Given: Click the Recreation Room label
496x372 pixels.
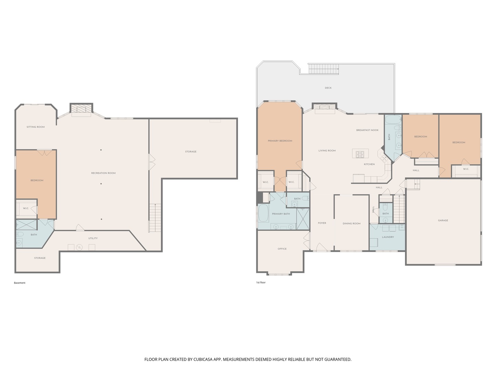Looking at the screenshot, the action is pyautogui.click(x=103, y=173).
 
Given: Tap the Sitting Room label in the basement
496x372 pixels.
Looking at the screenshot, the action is pyautogui.click(x=35, y=127).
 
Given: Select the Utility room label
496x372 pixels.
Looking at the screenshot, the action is pyautogui.click(x=93, y=238).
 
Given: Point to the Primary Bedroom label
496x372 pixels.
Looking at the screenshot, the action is pyautogui.click(x=280, y=141).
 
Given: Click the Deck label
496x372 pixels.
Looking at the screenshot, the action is pyautogui.click(x=328, y=88).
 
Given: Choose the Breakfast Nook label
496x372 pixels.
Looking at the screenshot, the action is pyautogui.click(x=367, y=130).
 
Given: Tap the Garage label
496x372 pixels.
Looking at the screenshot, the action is pyautogui.click(x=443, y=220).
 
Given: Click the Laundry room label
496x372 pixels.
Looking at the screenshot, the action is pyautogui.click(x=388, y=237).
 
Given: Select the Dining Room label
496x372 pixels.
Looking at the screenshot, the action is pyautogui.click(x=351, y=224).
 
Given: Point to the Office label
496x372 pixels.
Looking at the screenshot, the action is pyautogui.click(x=282, y=249).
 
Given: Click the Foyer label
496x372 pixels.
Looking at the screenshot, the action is pyautogui.click(x=322, y=223).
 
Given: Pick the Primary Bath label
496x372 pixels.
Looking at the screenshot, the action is pyautogui.click(x=281, y=214).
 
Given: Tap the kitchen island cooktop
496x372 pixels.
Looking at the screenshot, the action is pyautogui.click(x=360, y=155).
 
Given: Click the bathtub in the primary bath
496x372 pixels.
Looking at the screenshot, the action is pyautogui.click(x=263, y=213).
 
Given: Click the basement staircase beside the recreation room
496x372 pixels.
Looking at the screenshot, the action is pyautogui.click(x=155, y=218).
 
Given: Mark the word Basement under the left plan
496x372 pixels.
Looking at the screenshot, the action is pyautogui.click(x=20, y=283).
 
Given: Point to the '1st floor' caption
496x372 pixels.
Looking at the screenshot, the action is pyautogui.click(x=261, y=282).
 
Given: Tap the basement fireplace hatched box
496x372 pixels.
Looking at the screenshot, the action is pyautogui.click(x=81, y=108).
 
